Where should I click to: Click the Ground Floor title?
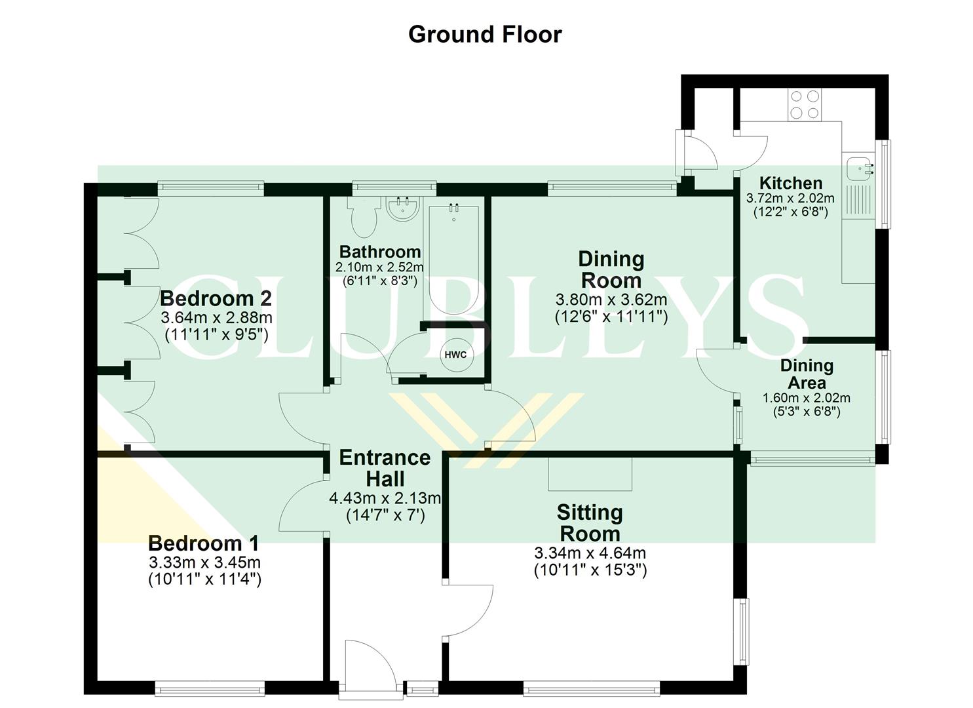[x=485, y=34]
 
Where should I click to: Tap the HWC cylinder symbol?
[x=455, y=355]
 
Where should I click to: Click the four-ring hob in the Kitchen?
[x=805, y=104]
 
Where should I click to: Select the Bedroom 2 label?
[x=216, y=299]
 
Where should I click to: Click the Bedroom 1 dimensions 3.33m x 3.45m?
[x=204, y=562]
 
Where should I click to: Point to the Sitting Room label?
[x=589, y=522]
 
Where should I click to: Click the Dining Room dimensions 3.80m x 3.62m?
[x=611, y=300]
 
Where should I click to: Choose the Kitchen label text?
[x=790, y=183]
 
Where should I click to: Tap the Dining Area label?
[x=807, y=374]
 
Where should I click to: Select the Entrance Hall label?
[x=385, y=467]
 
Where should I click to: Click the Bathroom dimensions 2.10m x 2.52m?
[x=379, y=267]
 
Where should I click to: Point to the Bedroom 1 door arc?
[x=301, y=505]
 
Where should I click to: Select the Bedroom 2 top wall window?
[x=210, y=189]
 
